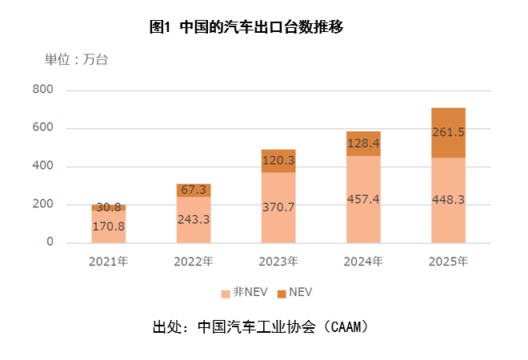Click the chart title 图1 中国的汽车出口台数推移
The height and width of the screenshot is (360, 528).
click(246, 27)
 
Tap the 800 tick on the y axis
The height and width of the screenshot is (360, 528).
click(43, 90)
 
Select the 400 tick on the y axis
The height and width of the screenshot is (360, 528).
click(43, 166)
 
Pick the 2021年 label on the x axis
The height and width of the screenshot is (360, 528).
click(108, 261)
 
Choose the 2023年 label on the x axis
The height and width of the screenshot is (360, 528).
click(278, 261)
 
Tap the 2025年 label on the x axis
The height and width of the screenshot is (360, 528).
click(448, 261)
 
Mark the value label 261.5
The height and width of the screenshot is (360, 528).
click(448, 132)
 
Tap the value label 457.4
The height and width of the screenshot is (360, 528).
click(363, 199)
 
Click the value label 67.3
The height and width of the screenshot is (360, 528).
click(194, 190)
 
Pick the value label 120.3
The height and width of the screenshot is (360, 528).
click(278, 160)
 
